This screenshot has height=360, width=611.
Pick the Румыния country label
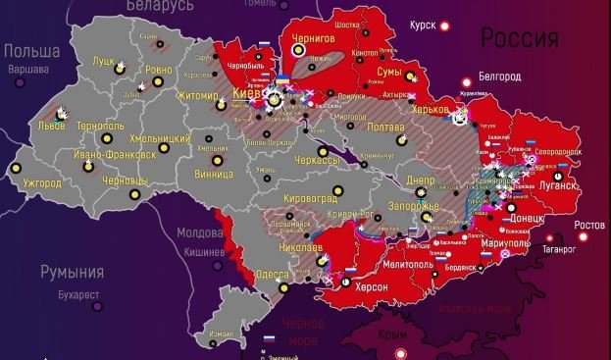coord(72,272)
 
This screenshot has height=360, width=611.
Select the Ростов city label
coord(589,226)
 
